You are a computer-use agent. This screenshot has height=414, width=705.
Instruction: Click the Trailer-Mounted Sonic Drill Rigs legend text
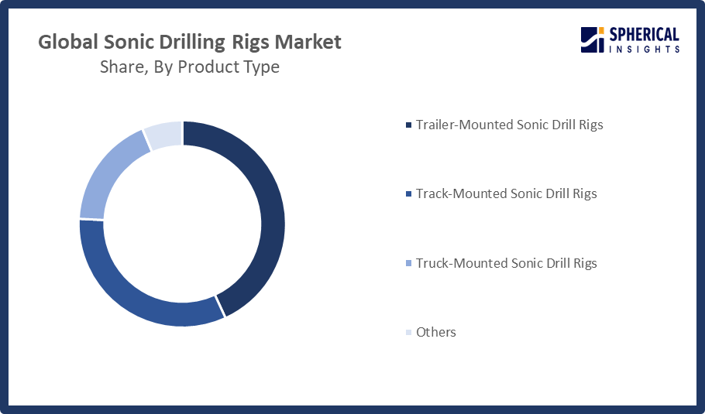[510, 125]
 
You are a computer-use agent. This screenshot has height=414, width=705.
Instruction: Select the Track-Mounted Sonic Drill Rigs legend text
[506, 193]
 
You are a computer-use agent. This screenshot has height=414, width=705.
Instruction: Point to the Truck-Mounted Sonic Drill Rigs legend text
[506, 263]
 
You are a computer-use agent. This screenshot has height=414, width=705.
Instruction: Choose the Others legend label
[435, 332]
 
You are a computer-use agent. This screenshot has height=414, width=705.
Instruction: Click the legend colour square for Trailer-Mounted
[409, 125]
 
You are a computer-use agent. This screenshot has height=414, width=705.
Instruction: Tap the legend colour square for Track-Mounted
[409, 194]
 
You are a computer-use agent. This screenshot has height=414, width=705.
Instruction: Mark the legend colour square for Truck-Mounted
[409, 263]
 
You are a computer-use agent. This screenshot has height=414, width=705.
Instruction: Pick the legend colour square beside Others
[409, 332]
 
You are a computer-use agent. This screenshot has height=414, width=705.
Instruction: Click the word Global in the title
[68, 42]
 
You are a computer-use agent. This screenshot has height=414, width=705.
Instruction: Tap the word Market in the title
[308, 42]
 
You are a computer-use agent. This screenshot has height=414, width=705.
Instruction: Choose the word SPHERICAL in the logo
[644, 35]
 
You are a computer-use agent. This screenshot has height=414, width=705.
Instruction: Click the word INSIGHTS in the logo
[644, 49]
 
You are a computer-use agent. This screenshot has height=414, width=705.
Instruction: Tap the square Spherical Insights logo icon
[592, 40]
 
